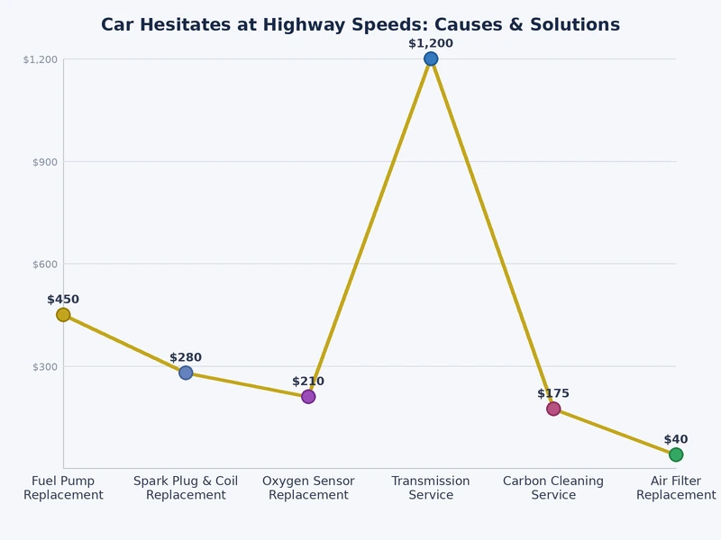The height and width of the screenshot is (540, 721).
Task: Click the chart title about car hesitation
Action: [360, 24]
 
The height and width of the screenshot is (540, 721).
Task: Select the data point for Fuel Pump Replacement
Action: [63, 315]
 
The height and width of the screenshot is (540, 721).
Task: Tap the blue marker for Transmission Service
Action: [431, 58]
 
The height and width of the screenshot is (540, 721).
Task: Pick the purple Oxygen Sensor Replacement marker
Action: [308, 397]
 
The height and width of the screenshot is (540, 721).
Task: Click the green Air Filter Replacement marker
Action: [676, 454]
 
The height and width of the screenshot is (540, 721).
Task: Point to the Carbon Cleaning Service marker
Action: [553, 409]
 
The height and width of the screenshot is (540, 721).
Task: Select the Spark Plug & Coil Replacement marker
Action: [186, 373]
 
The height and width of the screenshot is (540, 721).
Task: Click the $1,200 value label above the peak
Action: [431, 43]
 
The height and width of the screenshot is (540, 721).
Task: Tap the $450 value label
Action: [63, 300]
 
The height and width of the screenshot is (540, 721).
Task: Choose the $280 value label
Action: [186, 357]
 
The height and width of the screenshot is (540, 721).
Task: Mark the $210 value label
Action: [308, 382]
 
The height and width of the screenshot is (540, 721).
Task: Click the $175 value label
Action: [553, 393]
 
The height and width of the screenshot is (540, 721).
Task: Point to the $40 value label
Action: [676, 439]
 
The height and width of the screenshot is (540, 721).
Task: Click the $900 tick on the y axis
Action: [45, 162]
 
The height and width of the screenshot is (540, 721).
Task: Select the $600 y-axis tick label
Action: [45, 265]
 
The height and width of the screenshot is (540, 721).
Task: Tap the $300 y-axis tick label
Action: [45, 367]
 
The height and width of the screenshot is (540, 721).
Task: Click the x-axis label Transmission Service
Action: [431, 488]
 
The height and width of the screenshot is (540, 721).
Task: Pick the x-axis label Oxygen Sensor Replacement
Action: [308, 488]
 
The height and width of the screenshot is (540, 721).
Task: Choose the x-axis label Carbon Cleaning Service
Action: [553, 488]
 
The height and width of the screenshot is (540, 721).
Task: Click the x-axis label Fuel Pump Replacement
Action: [63, 488]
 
